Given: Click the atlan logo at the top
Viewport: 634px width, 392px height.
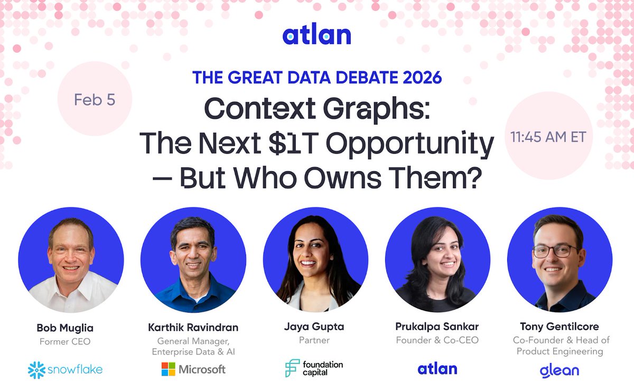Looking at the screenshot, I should coord(316,35).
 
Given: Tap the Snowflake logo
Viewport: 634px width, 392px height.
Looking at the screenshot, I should coord(65,369).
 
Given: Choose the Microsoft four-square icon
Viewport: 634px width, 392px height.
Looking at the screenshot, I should coord(169,369).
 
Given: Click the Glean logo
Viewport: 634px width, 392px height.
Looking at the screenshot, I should coord(559,370).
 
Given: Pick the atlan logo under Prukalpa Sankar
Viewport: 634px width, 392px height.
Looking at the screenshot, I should coord(437,369).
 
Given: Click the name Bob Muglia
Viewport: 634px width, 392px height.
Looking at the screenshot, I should coord(65,328).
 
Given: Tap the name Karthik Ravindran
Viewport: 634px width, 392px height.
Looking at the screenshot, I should coord(193,328).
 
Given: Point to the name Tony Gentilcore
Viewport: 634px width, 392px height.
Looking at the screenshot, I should coord(559,328).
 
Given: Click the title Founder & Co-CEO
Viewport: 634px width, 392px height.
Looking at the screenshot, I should coord(437,340).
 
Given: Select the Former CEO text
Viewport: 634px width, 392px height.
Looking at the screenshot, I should coord(65,341).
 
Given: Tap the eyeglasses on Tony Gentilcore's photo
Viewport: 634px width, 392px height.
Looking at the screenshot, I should coord(555,251).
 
